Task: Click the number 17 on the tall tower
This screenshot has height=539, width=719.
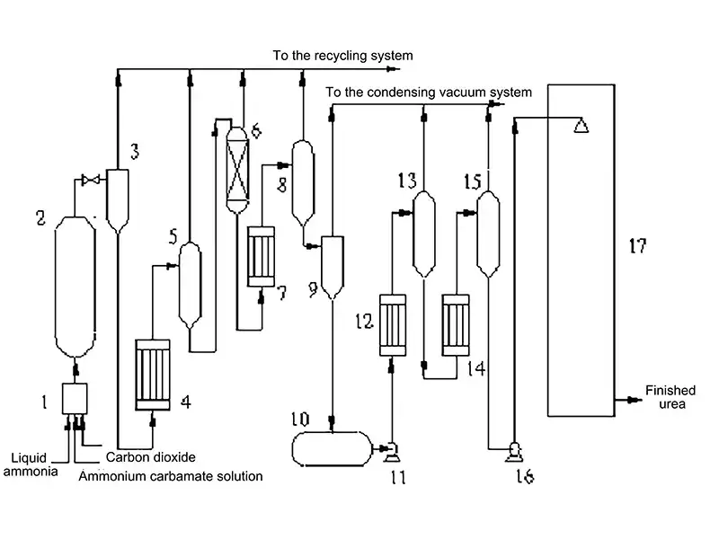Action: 636,244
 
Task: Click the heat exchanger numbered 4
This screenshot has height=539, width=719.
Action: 152,374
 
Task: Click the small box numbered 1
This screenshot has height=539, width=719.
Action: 75,398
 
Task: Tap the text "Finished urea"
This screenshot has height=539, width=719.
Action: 670,397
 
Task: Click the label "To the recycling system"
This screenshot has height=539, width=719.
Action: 343,56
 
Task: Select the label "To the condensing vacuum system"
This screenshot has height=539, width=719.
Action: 428,92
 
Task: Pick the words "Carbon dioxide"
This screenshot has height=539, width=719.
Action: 150,457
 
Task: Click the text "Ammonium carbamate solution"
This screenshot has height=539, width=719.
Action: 171,476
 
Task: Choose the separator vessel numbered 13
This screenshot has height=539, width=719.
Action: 424,232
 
